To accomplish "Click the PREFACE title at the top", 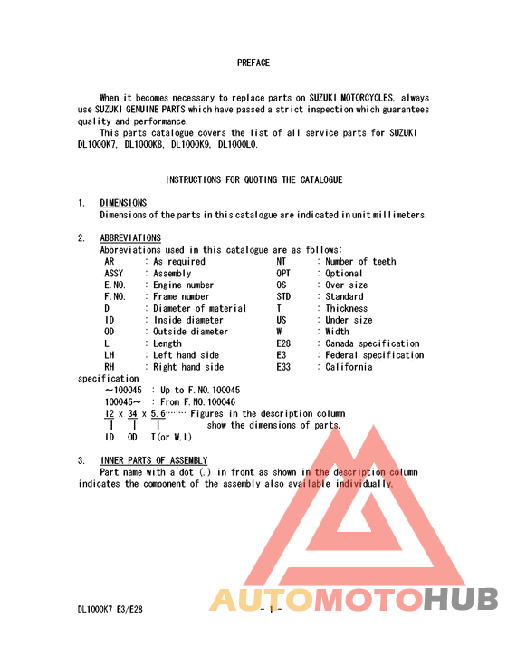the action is (x=253, y=63).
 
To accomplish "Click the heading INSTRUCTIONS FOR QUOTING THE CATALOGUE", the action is (x=253, y=180).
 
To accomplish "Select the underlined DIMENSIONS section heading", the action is (x=123, y=203).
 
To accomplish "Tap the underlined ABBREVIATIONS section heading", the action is (x=130, y=238).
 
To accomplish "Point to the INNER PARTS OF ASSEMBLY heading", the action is (x=154, y=460).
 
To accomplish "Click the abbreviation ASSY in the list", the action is (x=113, y=274).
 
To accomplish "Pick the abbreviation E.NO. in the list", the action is (x=114, y=285).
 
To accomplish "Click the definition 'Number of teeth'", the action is (x=360, y=262).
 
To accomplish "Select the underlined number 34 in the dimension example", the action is (x=132, y=413).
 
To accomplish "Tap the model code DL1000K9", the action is (x=190, y=144).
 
